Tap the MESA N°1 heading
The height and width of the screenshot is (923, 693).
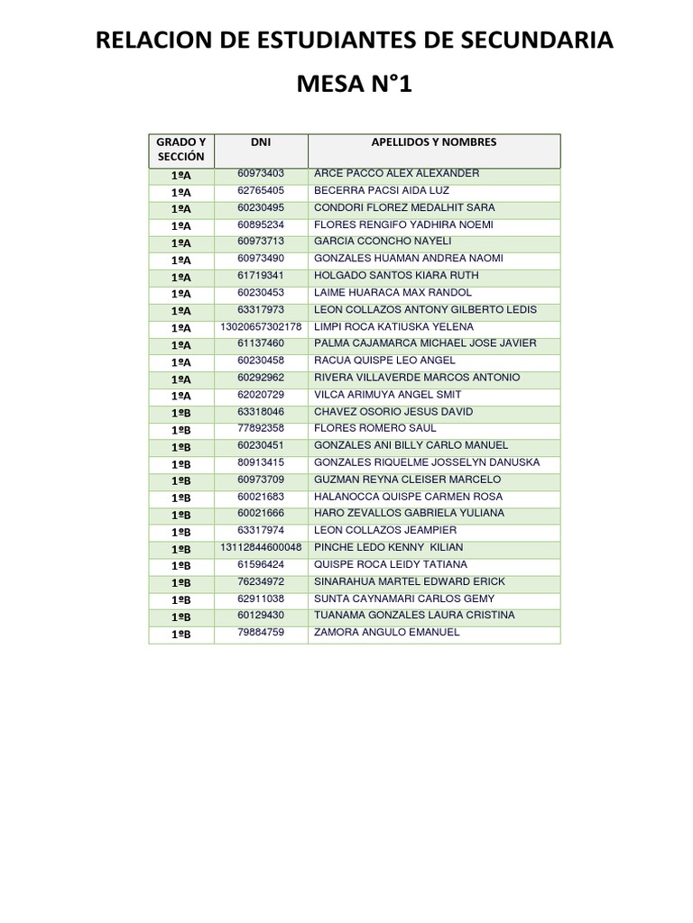pos(355,86)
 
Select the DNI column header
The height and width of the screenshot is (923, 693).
pos(261,142)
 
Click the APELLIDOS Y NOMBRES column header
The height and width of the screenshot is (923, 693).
pos(433,142)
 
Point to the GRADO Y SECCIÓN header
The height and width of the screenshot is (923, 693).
pos(181,150)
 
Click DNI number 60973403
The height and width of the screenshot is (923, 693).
pos(261,173)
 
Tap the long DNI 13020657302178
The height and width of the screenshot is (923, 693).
pos(261,327)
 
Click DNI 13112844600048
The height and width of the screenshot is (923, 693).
pos(261,548)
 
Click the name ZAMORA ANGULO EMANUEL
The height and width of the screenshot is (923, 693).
pos(386,633)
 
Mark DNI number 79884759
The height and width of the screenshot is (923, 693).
pos(261,633)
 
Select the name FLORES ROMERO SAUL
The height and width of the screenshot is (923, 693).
pos(374,429)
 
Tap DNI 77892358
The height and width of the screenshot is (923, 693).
pos(261,429)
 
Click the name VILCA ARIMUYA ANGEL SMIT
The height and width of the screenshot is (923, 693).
pos(387,395)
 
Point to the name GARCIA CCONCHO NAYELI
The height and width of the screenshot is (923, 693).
pos(383,242)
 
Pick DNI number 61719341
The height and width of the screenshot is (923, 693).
pos(261,276)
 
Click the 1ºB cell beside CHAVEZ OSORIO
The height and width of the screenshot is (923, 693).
pos(181,413)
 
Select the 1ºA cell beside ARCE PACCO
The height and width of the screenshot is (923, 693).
pos(181,175)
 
